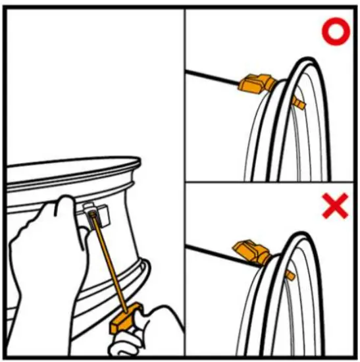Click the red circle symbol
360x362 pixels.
tap(334, 34)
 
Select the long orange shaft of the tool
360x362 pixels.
tap(109, 263)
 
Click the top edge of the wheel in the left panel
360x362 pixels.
tap(72, 164)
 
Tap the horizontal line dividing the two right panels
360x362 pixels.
tap(270, 182)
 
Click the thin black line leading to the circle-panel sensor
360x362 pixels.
tap(211, 77)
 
